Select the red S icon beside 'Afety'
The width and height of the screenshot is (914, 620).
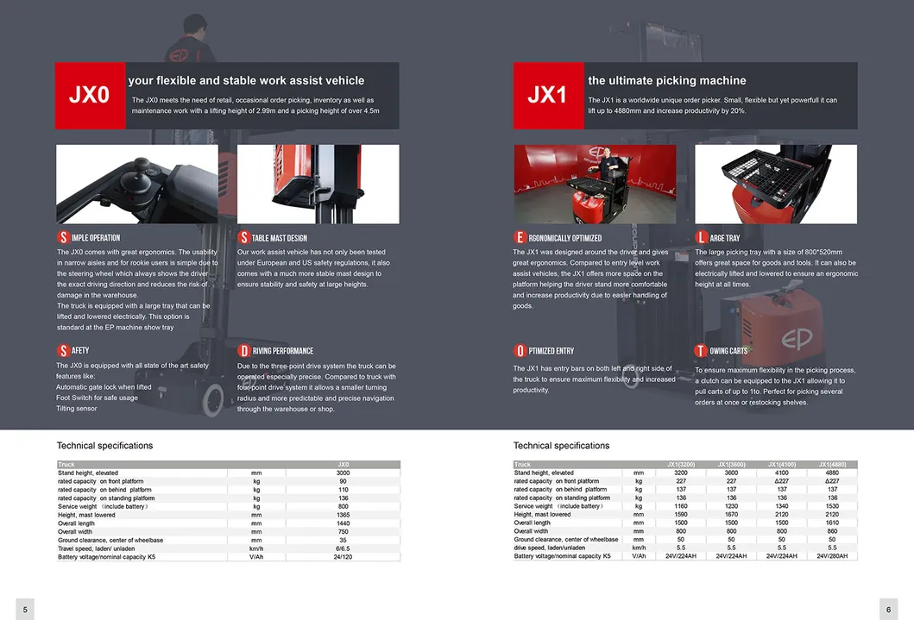point(63,351)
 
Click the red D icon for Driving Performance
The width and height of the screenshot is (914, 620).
point(244,351)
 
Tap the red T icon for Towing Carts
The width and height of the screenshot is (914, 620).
point(701,351)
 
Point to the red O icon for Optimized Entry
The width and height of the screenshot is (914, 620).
point(520,351)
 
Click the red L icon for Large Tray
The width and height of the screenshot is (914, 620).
point(701,237)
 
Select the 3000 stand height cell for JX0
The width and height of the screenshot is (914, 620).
point(343,473)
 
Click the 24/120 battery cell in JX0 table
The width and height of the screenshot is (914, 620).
point(343,557)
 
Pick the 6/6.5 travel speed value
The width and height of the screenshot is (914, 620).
point(343,548)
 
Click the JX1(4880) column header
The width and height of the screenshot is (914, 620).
point(832,465)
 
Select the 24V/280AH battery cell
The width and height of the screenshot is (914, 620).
point(832,556)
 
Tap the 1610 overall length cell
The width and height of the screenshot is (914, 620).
point(832,523)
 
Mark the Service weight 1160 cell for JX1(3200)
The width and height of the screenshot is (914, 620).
point(681,506)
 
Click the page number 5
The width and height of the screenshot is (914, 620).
point(25,610)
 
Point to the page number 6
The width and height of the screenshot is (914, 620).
point(888,610)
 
